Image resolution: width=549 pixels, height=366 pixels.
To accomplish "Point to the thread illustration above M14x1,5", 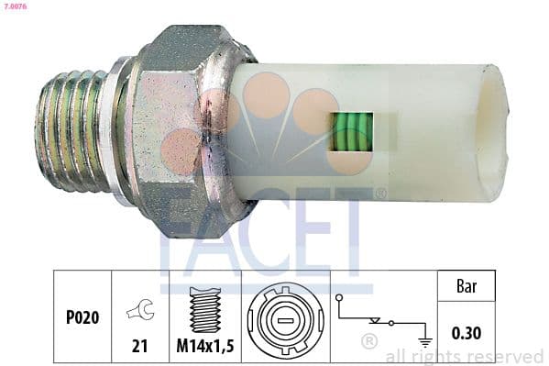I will (x=203, y=306).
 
